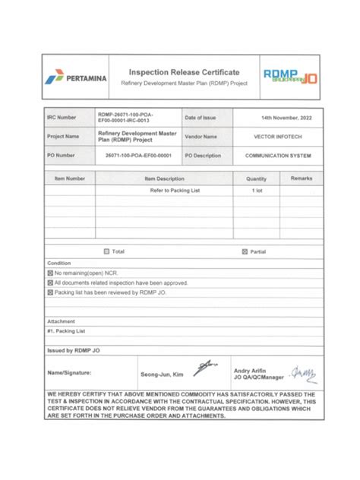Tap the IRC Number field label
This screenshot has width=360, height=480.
(62, 118)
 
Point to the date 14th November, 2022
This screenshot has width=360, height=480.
(276, 118)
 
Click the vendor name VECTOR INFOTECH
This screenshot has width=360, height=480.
(276, 137)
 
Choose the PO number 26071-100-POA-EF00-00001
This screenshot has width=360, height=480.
(138, 155)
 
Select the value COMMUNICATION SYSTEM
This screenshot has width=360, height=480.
(276, 155)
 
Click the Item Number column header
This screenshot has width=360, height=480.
(70, 178)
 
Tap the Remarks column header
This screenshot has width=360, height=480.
(301, 178)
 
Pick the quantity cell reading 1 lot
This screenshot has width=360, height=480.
(257, 191)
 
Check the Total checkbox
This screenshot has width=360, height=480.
(106, 251)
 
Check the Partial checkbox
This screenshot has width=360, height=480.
(245, 251)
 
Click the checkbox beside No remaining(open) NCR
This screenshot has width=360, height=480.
(50, 272)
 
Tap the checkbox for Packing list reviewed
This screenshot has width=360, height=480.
(50, 292)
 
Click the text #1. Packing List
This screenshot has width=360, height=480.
(66, 331)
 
